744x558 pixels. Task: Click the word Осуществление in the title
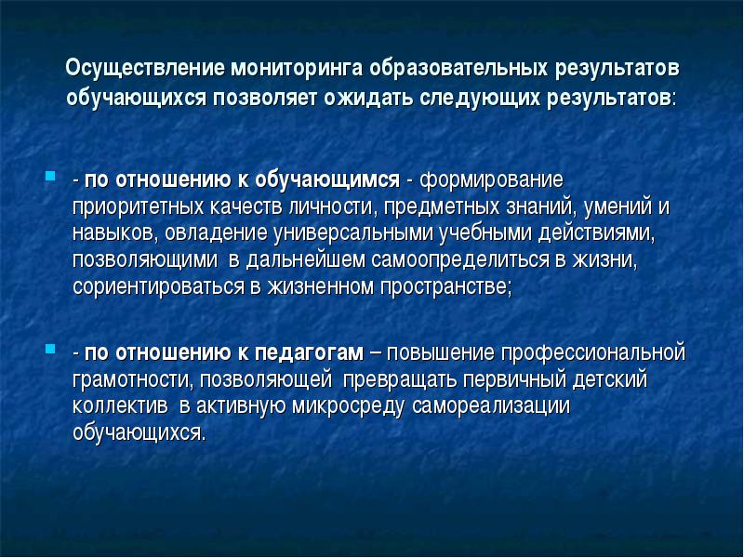click(145, 68)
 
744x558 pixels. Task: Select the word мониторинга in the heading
click(298, 68)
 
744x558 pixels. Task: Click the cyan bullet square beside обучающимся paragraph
click(50, 176)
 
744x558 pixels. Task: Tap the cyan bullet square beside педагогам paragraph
click(50, 350)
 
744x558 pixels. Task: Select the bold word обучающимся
click(327, 180)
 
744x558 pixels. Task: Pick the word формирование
click(492, 180)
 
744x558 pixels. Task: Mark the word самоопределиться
click(460, 260)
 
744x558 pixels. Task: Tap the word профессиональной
click(593, 353)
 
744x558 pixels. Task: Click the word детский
click(610, 379)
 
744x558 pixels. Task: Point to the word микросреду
click(348, 406)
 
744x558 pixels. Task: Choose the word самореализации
click(491, 406)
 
